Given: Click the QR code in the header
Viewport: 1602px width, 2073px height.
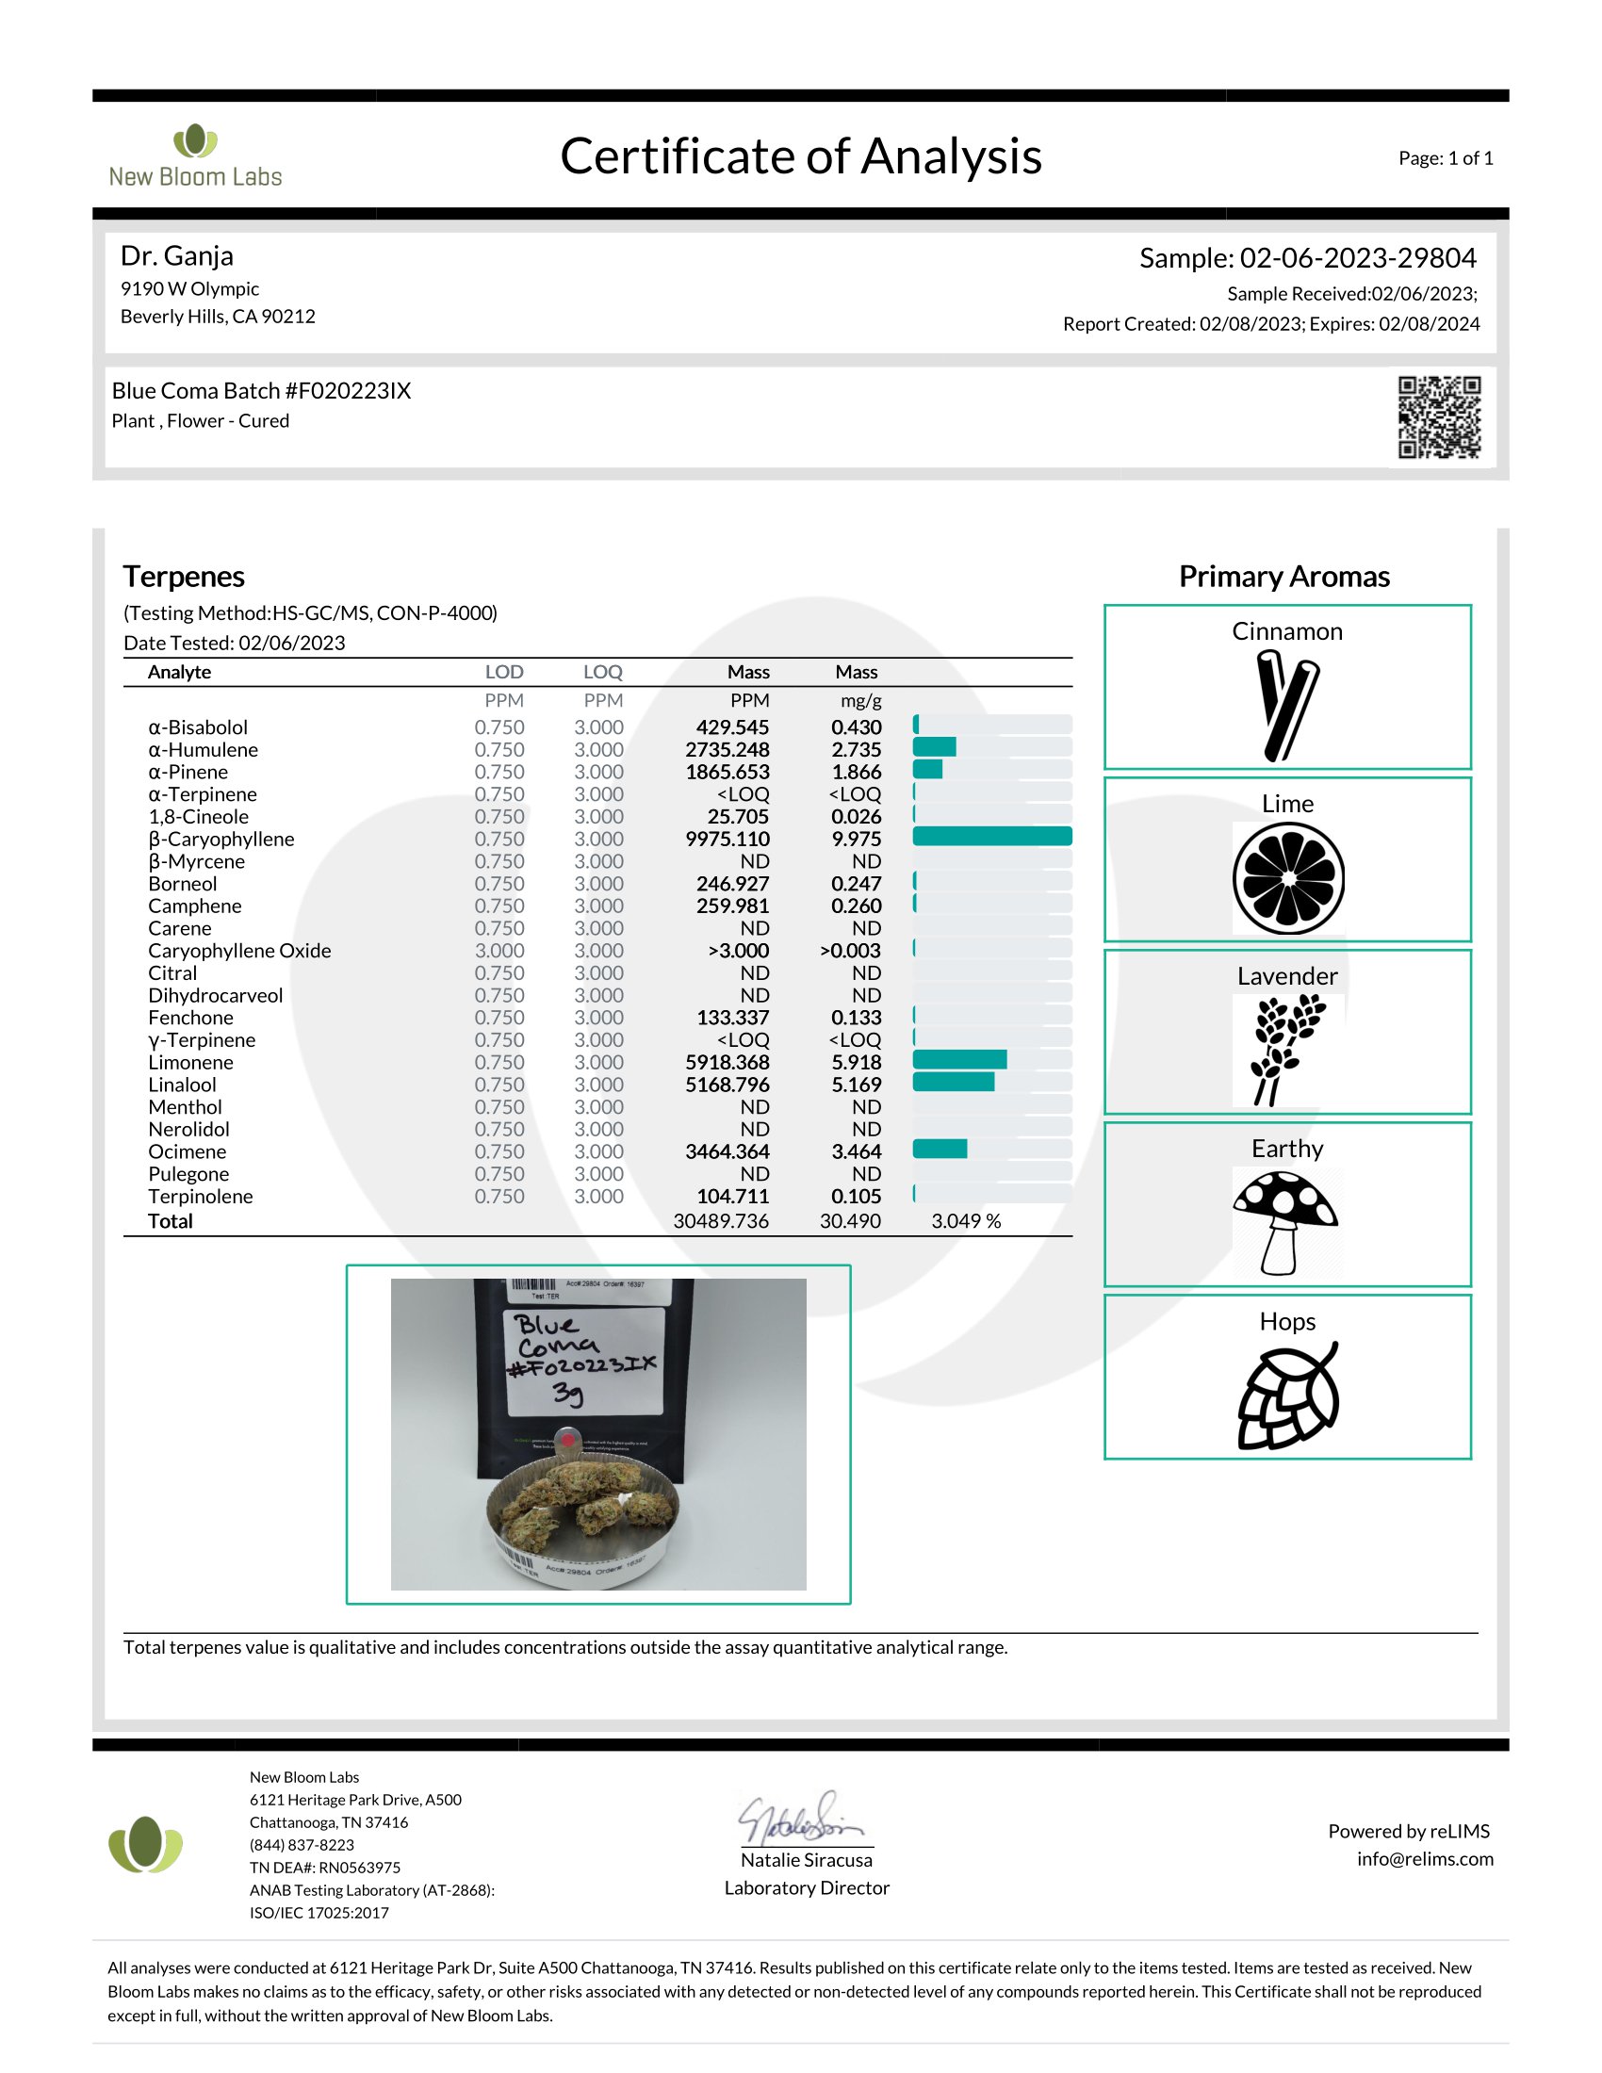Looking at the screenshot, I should click(x=1438, y=416).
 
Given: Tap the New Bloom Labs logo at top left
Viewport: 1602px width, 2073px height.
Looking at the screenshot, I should click(x=194, y=155).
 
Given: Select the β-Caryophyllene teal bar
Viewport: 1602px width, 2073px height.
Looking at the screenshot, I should click(x=991, y=836).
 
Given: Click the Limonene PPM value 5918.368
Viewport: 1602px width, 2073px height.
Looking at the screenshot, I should click(x=727, y=1062).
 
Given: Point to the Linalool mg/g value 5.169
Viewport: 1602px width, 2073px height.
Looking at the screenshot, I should click(x=856, y=1084).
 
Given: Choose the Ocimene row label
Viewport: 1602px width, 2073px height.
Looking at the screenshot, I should click(x=187, y=1151).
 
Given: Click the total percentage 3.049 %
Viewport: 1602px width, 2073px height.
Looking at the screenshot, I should click(x=965, y=1220).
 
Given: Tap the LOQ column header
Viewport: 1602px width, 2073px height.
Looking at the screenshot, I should click(x=602, y=672).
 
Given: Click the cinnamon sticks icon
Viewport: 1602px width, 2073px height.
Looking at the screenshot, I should click(x=1286, y=705).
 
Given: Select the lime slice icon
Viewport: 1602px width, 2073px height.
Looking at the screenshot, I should click(x=1288, y=878).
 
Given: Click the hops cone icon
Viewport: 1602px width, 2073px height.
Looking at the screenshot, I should click(x=1288, y=1396).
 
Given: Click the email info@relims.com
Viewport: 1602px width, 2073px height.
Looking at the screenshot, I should click(x=1424, y=1858).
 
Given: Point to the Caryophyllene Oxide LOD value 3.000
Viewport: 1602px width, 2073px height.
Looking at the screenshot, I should click(x=499, y=950).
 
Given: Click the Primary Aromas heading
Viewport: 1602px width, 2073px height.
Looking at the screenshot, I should click(x=1283, y=576).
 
